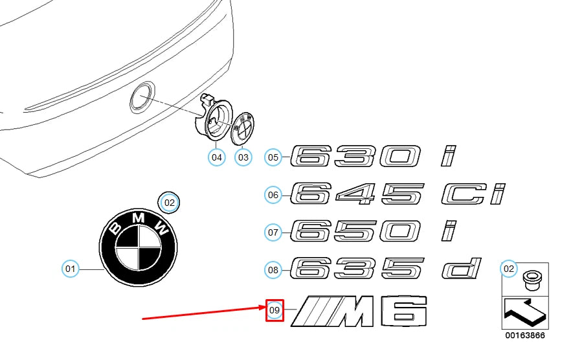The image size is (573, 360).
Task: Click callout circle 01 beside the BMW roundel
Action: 70,268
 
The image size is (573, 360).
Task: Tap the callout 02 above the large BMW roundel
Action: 170,203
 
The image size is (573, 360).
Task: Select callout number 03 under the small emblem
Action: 243,157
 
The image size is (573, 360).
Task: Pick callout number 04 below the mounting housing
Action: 216,157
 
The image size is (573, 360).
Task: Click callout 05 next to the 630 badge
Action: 273,157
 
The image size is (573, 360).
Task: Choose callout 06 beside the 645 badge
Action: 273,194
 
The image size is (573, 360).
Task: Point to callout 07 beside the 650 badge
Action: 273,231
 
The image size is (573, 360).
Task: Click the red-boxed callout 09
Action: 275,311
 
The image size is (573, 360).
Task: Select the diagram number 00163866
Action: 525,337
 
